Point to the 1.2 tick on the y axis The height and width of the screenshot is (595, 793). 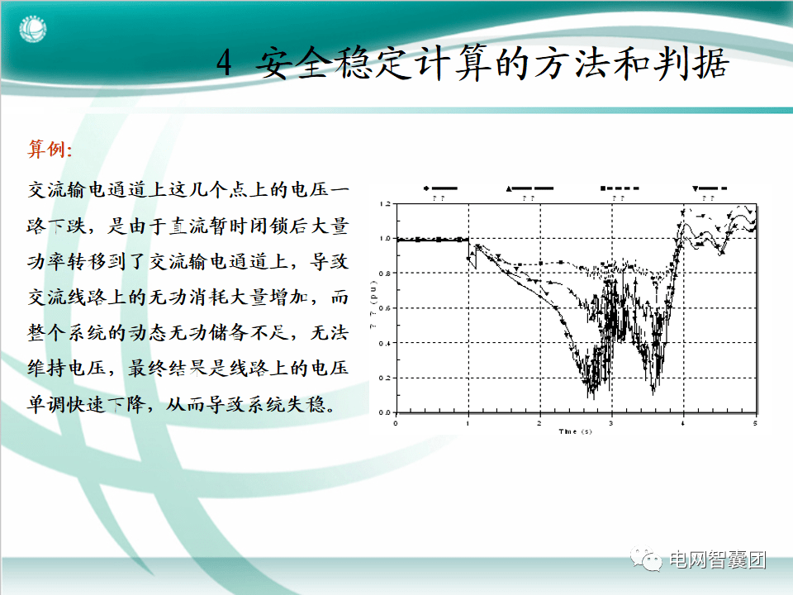point(383,204)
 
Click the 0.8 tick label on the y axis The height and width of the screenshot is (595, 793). point(383,274)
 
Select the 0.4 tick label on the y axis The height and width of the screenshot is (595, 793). point(383,343)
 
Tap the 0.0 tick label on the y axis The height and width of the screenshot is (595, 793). point(383,412)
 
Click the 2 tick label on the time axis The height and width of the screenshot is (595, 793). point(539,423)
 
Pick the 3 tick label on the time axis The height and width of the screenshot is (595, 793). point(611,423)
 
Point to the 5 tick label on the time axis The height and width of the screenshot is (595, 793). point(754,423)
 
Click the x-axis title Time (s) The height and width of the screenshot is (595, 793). point(575,432)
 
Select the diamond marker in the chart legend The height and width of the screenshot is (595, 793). point(426,189)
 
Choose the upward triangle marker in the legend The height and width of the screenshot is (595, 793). point(509,189)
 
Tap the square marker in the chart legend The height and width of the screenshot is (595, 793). point(603,189)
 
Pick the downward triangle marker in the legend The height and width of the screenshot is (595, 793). point(695,189)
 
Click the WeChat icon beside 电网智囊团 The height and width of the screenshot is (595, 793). point(649,559)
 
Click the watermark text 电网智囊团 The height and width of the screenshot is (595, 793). point(717,559)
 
